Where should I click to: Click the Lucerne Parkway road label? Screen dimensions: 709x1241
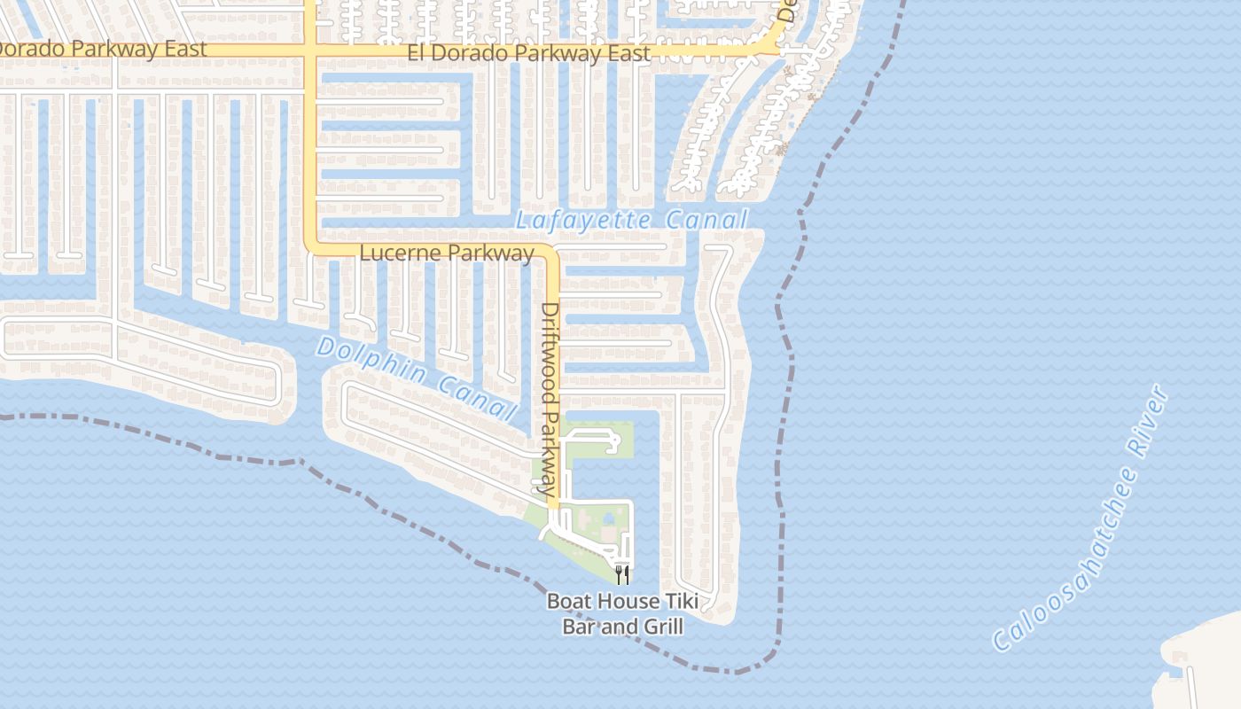[447, 253]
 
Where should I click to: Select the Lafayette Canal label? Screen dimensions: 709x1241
[632, 220]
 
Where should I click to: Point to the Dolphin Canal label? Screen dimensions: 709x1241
[417, 378]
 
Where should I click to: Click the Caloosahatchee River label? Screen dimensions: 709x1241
[1081, 518]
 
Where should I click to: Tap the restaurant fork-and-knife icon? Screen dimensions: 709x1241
[622, 575]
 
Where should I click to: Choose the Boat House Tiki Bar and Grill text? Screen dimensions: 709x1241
[622, 614]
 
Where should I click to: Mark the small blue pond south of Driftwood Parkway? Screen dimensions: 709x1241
[609, 518]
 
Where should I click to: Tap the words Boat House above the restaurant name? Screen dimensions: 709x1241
[602, 603]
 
